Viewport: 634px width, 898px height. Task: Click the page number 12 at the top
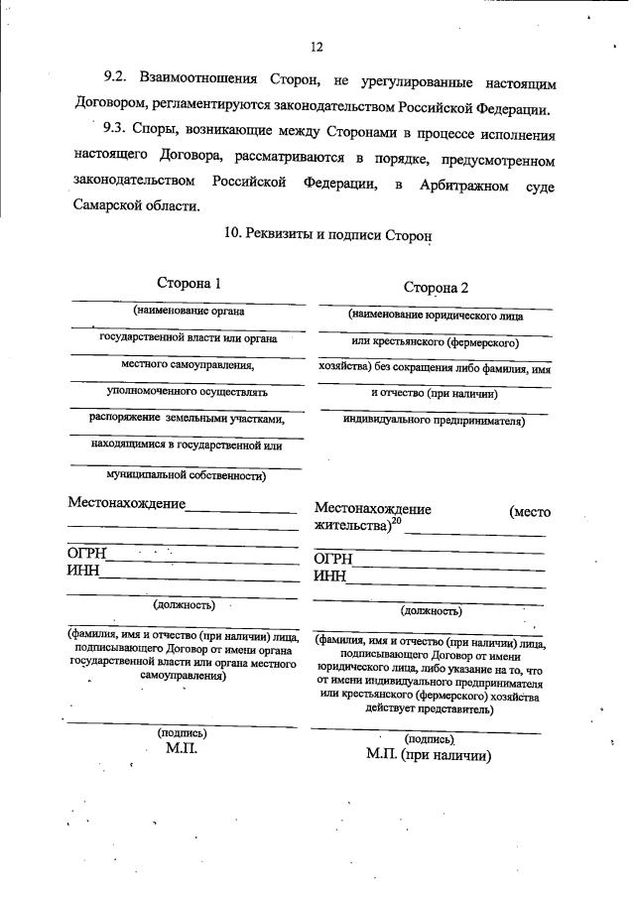point(317,47)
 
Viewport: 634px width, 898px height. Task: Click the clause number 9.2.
point(119,77)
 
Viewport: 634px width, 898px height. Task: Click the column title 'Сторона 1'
point(189,284)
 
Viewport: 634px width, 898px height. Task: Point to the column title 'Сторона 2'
point(436,288)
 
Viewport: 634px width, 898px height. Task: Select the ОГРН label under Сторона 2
point(334,560)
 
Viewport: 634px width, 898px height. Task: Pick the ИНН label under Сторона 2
point(330,577)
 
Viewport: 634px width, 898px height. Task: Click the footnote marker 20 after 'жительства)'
point(396,521)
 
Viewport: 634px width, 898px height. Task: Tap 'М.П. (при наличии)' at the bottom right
point(430,755)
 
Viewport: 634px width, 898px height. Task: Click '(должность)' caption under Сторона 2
point(431,610)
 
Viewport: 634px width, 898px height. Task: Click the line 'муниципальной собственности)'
point(185,475)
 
